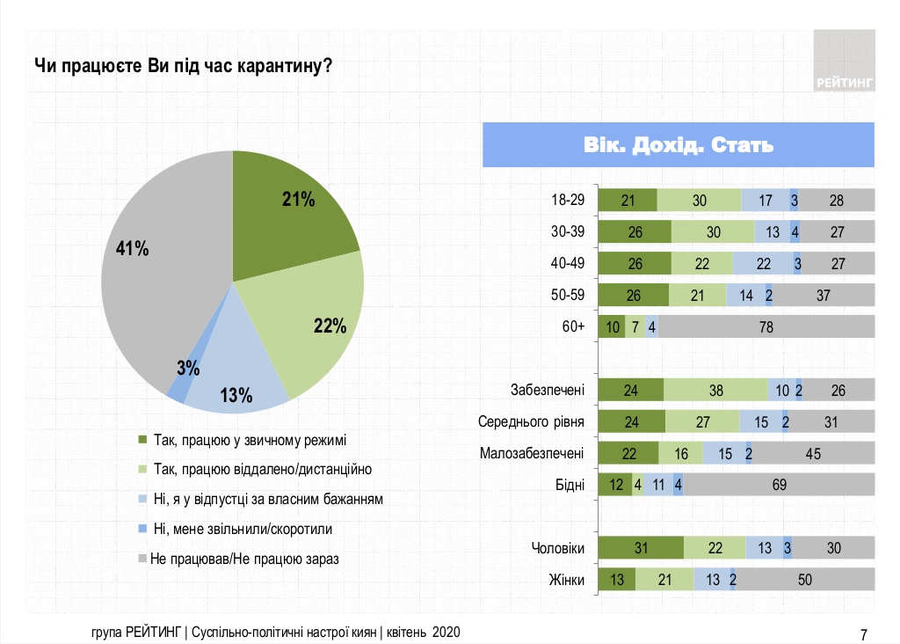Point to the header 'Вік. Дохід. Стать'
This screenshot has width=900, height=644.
[x=679, y=145]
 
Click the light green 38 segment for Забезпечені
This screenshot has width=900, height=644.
[x=715, y=391]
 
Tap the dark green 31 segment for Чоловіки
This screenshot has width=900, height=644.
[x=640, y=548]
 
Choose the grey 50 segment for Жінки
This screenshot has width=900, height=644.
[x=805, y=579]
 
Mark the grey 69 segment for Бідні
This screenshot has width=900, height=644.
[x=779, y=485]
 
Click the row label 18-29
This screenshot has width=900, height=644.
[x=566, y=200]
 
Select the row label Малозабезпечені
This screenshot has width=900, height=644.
[x=532, y=453]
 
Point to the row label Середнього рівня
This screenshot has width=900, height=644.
[x=531, y=422]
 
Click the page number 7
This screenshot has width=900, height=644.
[x=863, y=633]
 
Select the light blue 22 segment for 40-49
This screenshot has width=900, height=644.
[x=763, y=263]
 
